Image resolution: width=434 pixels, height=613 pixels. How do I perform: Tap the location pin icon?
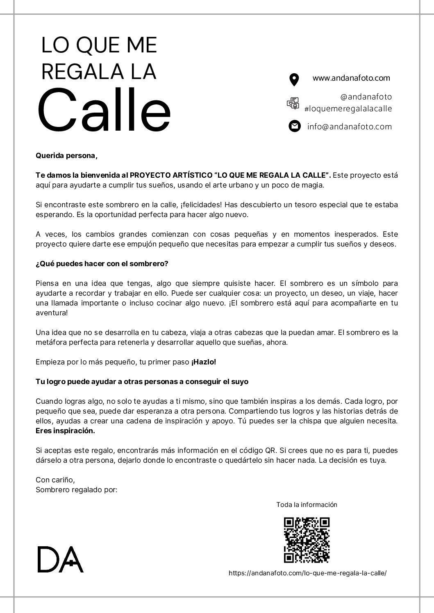(x=294, y=79)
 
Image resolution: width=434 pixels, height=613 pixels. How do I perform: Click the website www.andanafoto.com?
(x=351, y=78)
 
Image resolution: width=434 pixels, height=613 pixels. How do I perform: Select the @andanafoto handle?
(x=366, y=97)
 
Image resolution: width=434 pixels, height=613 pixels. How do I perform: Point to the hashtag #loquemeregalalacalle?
(x=348, y=109)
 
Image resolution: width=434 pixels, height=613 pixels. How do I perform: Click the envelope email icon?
(x=294, y=126)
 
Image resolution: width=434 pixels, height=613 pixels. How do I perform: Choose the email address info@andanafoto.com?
(x=350, y=127)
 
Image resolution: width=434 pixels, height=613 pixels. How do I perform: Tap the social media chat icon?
(x=293, y=103)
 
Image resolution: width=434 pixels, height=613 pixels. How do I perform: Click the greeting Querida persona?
(x=67, y=156)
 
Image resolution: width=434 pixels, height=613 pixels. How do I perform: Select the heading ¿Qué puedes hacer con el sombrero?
(x=102, y=264)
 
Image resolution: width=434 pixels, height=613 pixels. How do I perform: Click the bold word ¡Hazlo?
(x=203, y=362)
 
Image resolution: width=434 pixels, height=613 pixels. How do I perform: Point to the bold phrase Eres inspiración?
(x=65, y=431)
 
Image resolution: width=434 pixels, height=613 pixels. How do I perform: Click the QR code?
(x=307, y=540)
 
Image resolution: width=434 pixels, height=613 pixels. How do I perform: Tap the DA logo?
(x=60, y=559)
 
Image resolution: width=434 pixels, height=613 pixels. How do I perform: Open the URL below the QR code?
(x=307, y=573)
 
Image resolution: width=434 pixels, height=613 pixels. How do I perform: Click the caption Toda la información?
(x=307, y=504)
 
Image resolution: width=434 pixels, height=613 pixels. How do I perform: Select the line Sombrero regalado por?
(x=76, y=490)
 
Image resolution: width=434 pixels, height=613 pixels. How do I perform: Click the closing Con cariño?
(x=55, y=480)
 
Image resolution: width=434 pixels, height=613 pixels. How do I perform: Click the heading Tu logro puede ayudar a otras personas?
(x=142, y=382)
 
